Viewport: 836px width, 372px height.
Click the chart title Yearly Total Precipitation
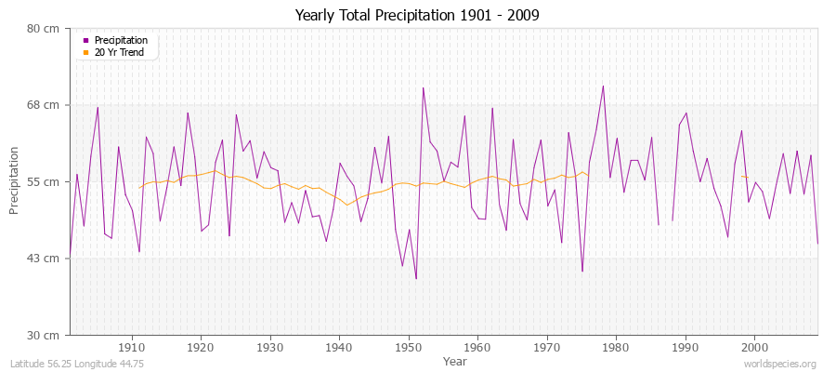[418, 15]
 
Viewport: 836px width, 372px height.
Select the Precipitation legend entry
[121, 40]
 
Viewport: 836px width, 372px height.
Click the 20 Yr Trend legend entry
[121, 52]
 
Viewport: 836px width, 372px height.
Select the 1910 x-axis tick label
[132, 348]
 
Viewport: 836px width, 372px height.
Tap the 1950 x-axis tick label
[409, 348]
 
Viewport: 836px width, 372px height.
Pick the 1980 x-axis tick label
[616, 348]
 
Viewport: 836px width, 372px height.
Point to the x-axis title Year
[455, 360]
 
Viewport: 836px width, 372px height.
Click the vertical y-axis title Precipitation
[15, 180]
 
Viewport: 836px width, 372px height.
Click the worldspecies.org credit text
[781, 364]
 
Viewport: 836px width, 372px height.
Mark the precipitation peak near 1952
[423, 87]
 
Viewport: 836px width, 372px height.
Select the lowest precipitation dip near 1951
[416, 278]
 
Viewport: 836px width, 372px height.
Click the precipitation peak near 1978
[603, 86]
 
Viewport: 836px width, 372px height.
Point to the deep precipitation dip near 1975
[582, 272]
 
